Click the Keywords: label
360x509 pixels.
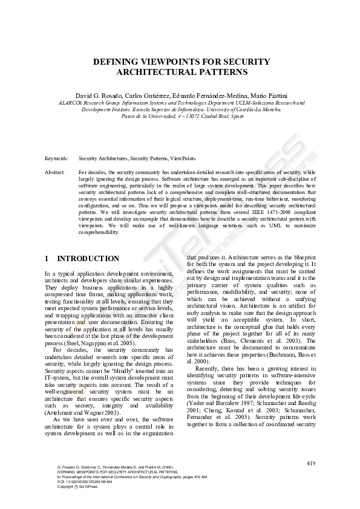(x=56, y=158)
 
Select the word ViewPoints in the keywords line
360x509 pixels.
(x=182, y=158)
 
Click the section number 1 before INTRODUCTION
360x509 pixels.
(x=47, y=259)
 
